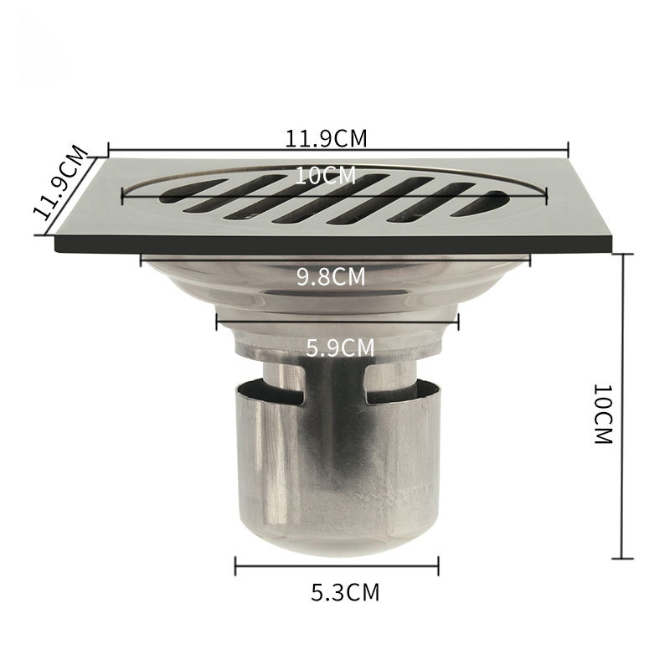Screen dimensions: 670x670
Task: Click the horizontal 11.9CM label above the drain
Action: pyautogui.click(x=326, y=138)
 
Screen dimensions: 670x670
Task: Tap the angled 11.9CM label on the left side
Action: pyautogui.click(x=61, y=183)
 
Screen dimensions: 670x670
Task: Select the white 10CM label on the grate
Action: pyautogui.click(x=326, y=175)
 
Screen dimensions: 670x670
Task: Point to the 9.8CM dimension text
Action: pyautogui.click(x=331, y=276)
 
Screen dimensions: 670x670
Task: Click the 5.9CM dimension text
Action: pyautogui.click(x=340, y=348)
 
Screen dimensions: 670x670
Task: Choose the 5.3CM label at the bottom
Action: pyautogui.click(x=345, y=592)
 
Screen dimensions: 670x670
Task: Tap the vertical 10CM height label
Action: pyautogui.click(x=603, y=414)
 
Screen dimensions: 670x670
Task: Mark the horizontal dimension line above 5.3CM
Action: pyautogui.click(x=338, y=566)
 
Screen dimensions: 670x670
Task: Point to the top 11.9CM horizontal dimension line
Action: pyautogui.click(x=338, y=150)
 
